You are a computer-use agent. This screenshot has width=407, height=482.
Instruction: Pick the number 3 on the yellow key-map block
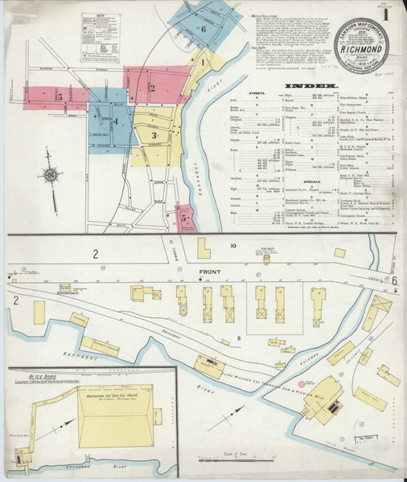[x=154, y=135]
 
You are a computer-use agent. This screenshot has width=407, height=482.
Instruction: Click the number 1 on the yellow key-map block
[x=203, y=62]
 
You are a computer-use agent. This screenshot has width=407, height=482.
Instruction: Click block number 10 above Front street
[x=233, y=245]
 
